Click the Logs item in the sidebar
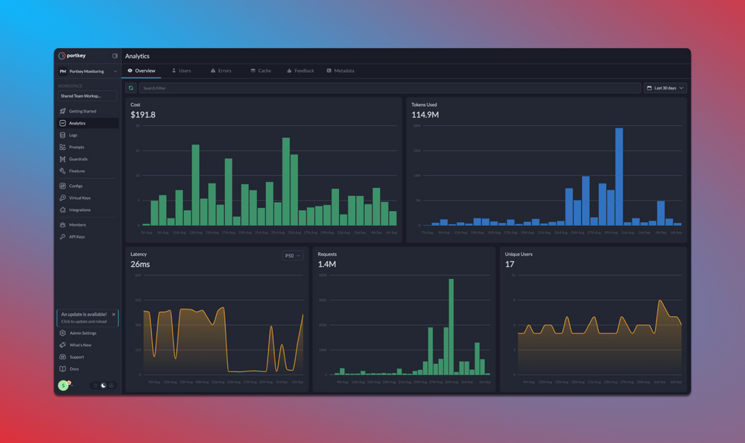73,135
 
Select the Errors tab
221,71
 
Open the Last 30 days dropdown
665,88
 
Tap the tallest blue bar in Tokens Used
618,176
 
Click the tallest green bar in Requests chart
451,327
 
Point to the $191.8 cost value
143,115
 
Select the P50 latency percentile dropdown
292,256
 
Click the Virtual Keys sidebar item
79,198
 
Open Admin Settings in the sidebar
82,333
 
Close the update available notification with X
113,315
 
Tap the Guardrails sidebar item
78,159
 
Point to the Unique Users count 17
510,264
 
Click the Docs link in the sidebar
74,369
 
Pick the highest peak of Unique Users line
660,301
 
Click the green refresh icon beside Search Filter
131,88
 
